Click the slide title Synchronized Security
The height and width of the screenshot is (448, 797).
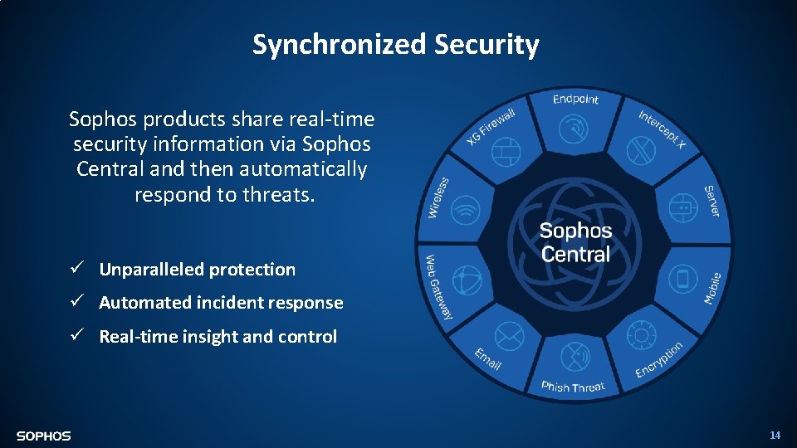pyautogui.click(x=396, y=44)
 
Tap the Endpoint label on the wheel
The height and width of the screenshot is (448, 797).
pyautogui.click(x=575, y=100)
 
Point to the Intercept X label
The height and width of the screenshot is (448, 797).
pyautogui.click(x=663, y=129)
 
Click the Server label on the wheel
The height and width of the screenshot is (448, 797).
pyautogui.click(x=712, y=202)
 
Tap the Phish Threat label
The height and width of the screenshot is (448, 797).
pyautogui.click(x=573, y=387)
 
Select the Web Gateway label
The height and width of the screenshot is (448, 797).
pyautogui.click(x=438, y=287)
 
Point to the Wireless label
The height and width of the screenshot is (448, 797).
pyautogui.click(x=438, y=197)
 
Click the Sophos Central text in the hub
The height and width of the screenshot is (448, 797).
pyautogui.click(x=575, y=242)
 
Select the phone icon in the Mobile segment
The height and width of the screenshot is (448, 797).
pyautogui.click(x=683, y=278)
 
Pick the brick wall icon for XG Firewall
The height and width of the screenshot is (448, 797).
pyautogui.click(x=506, y=151)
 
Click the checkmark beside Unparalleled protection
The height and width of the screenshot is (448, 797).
pyautogui.click(x=75, y=269)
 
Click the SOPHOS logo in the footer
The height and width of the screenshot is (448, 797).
pyautogui.click(x=43, y=436)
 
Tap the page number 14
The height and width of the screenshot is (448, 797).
pyautogui.click(x=775, y=435)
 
